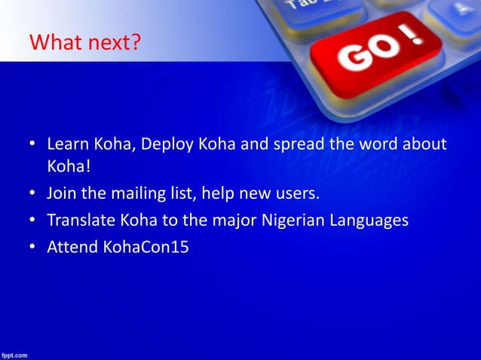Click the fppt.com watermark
(14, 353)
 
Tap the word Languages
(371, 221)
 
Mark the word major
(230, 221)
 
